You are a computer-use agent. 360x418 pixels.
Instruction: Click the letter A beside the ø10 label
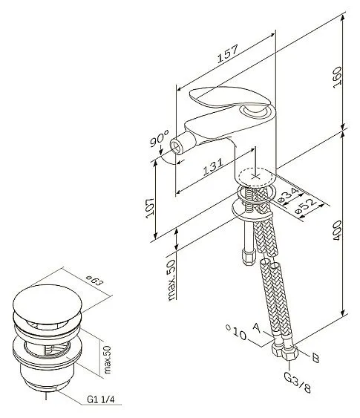click(x=256, y=327)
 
